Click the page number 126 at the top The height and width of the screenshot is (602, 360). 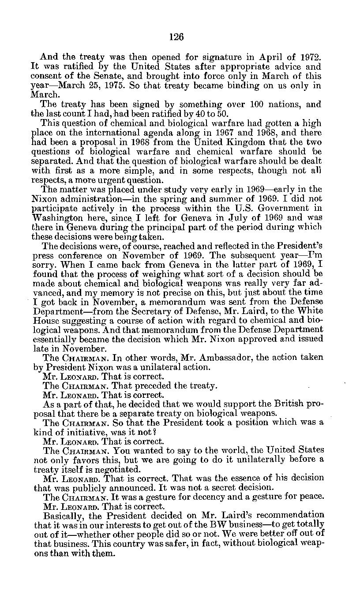click(176, 37)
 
